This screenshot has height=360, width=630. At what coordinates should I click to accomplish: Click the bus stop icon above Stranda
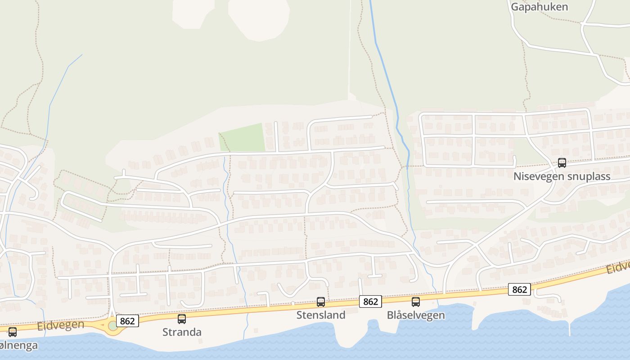(182, 319)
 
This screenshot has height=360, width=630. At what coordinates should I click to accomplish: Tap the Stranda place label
(182, 332)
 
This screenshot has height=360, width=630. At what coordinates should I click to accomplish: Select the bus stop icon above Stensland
(321, 302)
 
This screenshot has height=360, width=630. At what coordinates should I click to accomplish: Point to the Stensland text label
(321, 315)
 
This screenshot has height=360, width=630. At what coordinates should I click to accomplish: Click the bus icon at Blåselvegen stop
(416, 302)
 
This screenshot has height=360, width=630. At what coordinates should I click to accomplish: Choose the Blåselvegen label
(416, 315)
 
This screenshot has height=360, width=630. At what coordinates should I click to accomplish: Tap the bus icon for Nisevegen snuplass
(562, 163)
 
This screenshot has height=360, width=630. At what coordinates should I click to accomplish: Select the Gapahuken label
(539, 7)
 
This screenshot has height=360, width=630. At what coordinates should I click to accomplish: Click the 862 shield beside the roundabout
(127, 321)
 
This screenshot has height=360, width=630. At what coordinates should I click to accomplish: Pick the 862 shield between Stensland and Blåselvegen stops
(370, 301)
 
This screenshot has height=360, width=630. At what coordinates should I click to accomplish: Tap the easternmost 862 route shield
(519, 289)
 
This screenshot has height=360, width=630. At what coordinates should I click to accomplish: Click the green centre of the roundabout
(113, 326)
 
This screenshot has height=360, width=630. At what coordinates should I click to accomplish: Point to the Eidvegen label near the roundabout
(61, 325)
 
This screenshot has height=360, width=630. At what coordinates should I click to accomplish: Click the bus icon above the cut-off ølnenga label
(13, 332)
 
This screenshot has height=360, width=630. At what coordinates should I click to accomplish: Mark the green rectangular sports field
(242, 138)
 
